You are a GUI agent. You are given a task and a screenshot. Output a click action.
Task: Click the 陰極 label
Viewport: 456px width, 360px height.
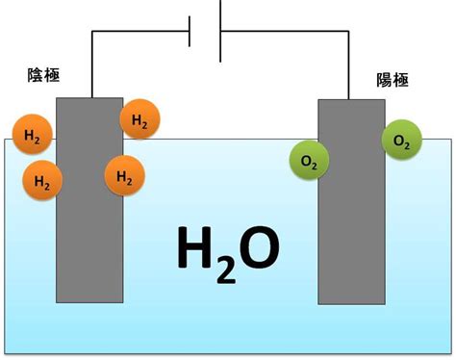[x=43, y=75]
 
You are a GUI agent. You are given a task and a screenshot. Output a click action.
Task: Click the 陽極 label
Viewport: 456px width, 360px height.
[x=393, y=80]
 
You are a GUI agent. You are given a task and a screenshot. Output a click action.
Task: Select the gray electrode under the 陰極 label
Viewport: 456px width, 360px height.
[x=89, y=200]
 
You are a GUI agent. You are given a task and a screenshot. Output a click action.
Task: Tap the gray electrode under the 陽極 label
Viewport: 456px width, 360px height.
[x=351, y=202]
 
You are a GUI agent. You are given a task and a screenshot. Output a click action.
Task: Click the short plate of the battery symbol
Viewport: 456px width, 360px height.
[x=190, y=32]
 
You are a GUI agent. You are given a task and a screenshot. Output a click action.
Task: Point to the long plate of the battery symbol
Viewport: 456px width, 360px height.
[x=220, y=31]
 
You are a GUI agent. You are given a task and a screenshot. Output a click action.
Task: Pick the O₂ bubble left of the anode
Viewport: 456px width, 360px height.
[x=309, y=161]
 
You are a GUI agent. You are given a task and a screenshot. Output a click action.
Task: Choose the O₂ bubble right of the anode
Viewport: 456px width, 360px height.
[x=401, y=140]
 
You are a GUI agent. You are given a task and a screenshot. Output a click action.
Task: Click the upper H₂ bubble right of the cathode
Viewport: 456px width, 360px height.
[x=139, y=119]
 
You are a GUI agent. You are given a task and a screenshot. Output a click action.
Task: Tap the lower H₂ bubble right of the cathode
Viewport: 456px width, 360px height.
[x=125, y=175]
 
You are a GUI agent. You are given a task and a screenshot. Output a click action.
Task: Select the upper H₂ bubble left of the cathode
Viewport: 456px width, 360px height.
[x=32, y=135]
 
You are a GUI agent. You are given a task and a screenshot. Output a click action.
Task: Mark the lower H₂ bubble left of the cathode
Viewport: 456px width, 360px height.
[x=42, y=180]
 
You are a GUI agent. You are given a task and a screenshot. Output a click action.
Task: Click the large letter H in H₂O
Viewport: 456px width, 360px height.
[x=194, y=247]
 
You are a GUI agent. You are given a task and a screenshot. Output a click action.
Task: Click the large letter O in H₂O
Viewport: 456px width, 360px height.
[x=259, y=247]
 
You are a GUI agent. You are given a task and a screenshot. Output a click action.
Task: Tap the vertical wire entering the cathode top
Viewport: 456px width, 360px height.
[x=92, y=64]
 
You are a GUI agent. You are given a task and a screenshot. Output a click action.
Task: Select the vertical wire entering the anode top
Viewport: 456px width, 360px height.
[x=348, y=65]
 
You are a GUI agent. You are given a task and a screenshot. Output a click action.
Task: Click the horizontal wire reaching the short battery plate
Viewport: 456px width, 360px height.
[x=140, y=32]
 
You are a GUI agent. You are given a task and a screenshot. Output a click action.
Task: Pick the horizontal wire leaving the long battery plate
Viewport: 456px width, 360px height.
[x=285, y=32]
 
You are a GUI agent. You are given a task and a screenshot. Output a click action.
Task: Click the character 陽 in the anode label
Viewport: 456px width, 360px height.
[x=384, y=80]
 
